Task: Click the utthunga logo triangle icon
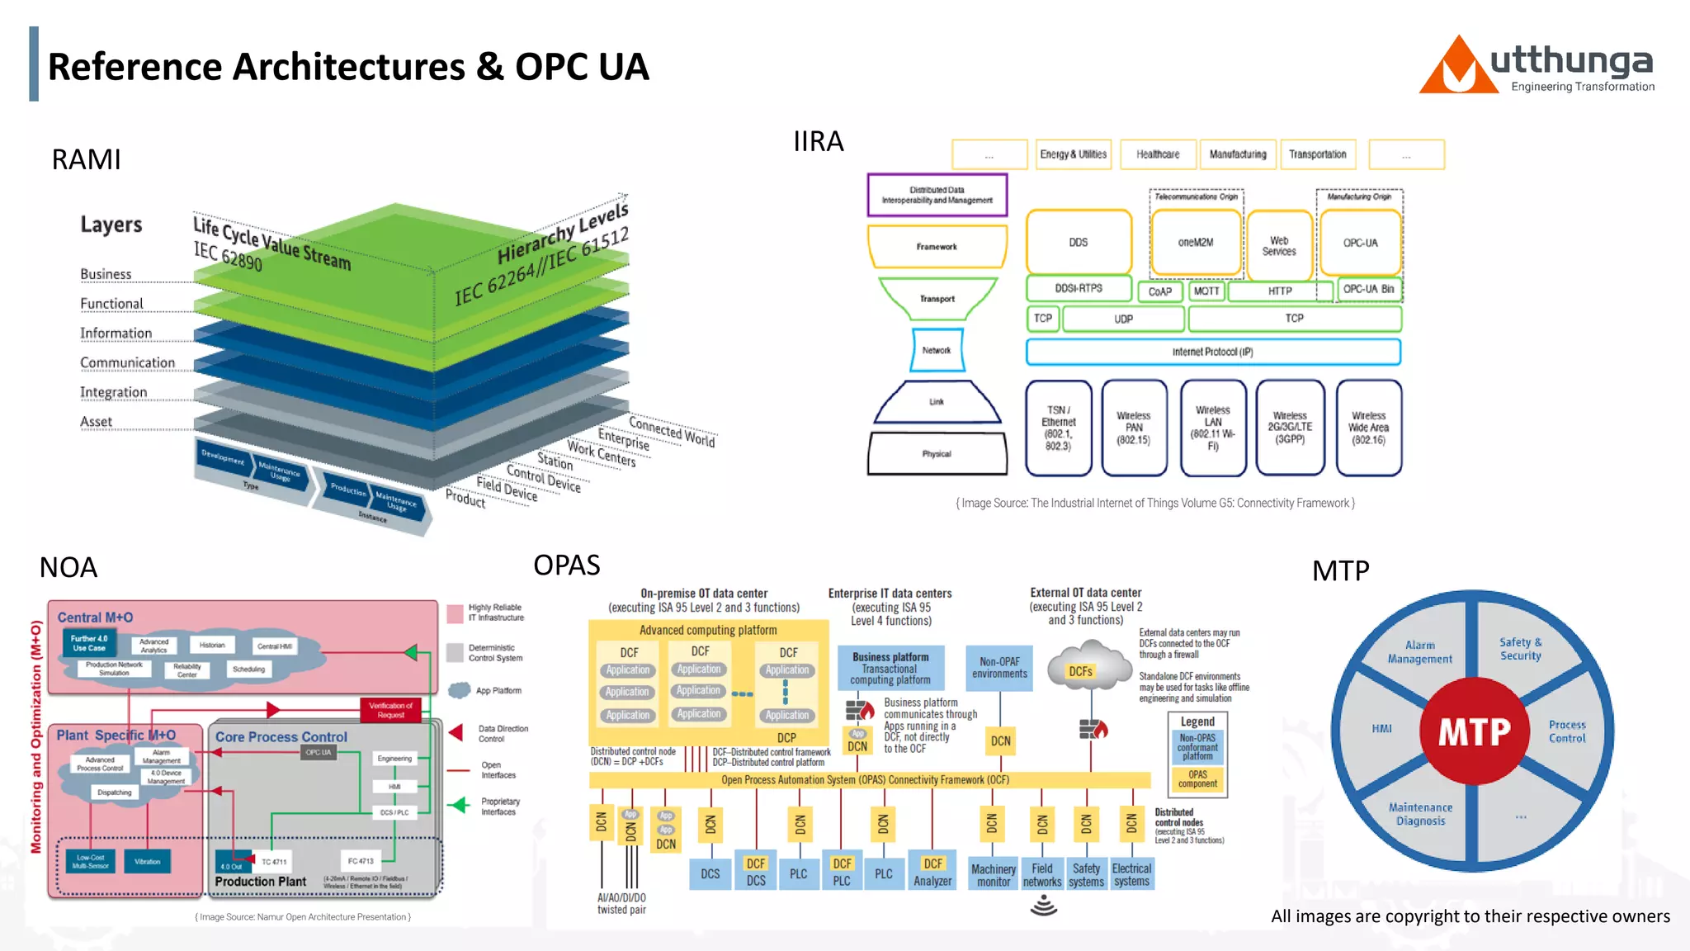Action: click(x=1458, y=68)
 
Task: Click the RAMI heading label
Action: click(x=86, y=159)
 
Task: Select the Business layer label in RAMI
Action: click(x=106, y=274)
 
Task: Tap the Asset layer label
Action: click(x=96, y=422)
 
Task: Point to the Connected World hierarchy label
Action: click(x=672, y=431)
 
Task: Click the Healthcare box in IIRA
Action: click(x=1157, y=154)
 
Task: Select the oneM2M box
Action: click(x=1195, y=243)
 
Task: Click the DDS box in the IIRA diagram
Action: click(x=1078, y=243)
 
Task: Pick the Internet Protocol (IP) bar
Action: click(x=1212, y=352)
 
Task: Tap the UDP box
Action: click(x=1123, y=319)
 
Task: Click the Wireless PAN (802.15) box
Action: click(x=1134, y=428)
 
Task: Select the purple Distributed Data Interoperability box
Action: click(x=937, y=195)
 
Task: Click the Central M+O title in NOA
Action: click(x=95, y=617)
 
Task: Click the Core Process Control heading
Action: click(x=281, y=737)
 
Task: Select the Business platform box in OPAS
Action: click(x=890, y=668)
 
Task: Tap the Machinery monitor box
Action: click(x=993, y=875)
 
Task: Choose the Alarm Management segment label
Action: click(x=1419, y=652)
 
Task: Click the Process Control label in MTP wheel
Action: click(x=1566, y=731)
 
